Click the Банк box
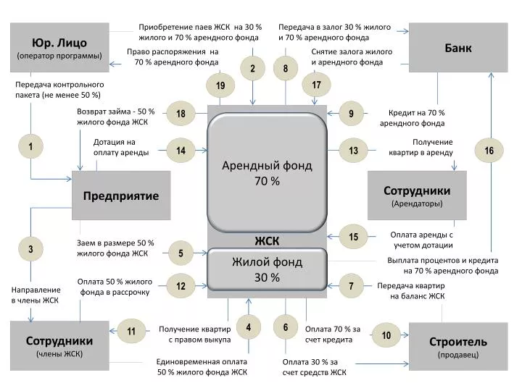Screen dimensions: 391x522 tap(458, 47)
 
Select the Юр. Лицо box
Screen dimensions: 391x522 tap(59, 47)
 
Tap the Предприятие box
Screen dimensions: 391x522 tap(121, 195)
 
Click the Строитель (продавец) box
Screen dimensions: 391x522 tap(458, 346)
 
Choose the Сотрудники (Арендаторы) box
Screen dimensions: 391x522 tap(417, 195)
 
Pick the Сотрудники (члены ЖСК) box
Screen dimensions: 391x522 tap(59, 346)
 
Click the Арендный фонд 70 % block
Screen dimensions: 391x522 tap(267, 173)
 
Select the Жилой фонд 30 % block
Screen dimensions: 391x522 tap(267, 269)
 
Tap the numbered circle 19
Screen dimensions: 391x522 tap(220, 86)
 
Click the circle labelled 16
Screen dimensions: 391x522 tap(489, 151)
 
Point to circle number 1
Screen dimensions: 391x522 tap(31, 147)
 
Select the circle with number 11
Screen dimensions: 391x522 tap(132, 332)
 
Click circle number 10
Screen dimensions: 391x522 tap(386, 335)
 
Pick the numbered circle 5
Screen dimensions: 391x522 tap(181, 253)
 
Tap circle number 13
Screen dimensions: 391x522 tap(354, 151)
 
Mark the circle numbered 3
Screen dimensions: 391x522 tap(31, 250)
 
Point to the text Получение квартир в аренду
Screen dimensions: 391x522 tap(432, 147)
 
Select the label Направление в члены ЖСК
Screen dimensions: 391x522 tap(35, 295)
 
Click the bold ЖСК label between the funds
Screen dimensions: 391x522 tap(267, 240)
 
